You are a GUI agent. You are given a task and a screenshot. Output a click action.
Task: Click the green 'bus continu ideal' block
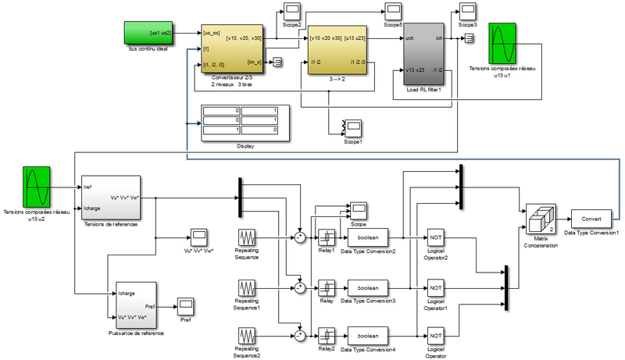pyautogui.click(x=148, y=34)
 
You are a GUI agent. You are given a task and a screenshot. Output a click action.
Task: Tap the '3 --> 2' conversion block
pyautogui.click(x=337, y=49)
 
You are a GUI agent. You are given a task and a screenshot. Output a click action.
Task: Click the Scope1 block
pyautogui.click(x=354, y=127)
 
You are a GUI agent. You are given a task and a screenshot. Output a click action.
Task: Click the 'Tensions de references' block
pyautogui.click(x=111, y=198)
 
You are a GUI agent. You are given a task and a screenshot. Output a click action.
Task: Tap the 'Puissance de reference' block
pyautogui.click(x=137, y=305)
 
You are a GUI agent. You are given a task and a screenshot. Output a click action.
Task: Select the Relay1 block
pyautogui.click(x=326, y=237)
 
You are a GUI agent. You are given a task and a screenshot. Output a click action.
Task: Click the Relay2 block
pyautogui.click(x=326, y=337)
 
